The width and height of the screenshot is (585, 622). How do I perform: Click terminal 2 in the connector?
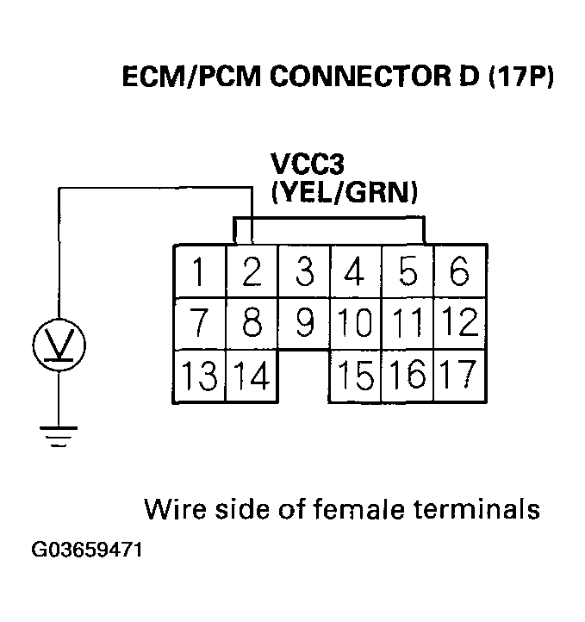[x=252, y=272]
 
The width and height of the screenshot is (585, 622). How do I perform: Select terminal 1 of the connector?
[x=200, y=272]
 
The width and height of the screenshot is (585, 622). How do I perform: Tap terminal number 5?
[x=408, y=272]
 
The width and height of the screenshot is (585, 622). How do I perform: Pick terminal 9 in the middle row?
[x=303, y=324]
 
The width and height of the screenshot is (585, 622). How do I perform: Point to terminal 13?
[x=200, y=376]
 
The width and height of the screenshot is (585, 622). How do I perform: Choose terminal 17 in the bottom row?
[x=460, y=376]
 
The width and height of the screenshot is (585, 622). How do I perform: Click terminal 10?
[x=355, y=324]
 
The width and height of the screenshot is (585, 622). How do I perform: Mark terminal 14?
[x=252, y=376]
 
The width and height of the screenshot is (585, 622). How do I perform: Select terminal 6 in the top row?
[x=459, y=272]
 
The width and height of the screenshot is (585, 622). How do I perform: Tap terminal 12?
[x=460, y=324]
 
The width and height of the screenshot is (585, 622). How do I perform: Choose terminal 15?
[x=355, y=376]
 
